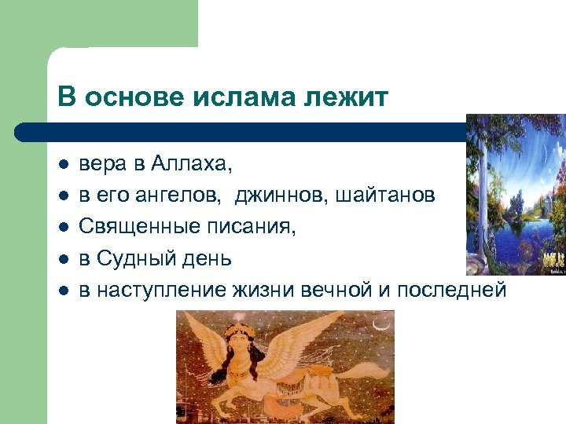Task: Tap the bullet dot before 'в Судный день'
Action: [x=63, y=259]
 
